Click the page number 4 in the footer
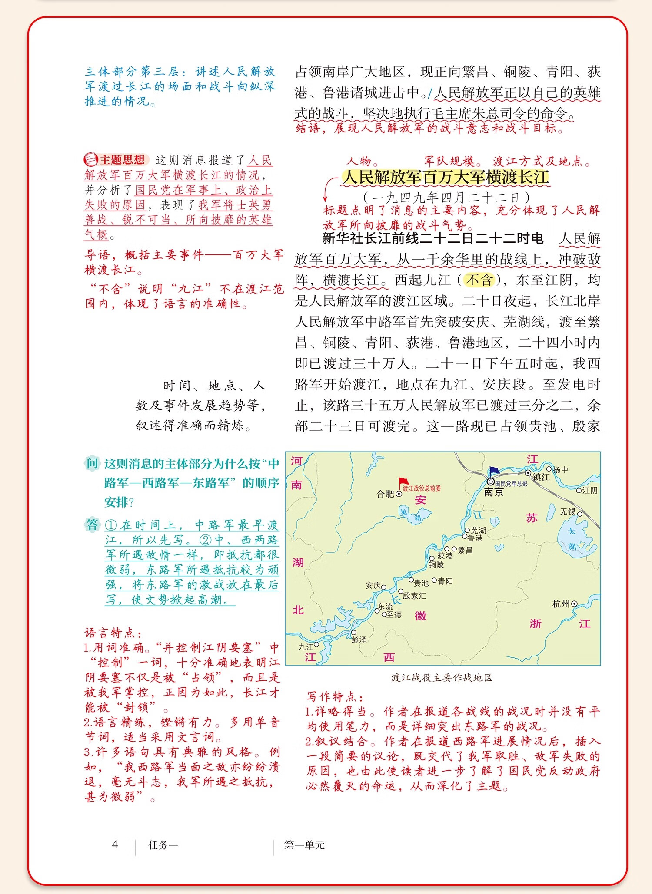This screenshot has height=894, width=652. tap(115, 845)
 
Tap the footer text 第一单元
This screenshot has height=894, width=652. tap(304, 845)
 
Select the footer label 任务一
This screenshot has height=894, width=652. tap(163, 845)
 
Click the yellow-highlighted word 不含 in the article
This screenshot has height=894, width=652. tap(479, 280)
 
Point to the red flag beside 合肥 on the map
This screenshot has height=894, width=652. tap(404, 482)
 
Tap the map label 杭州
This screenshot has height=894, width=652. tap(561, 604)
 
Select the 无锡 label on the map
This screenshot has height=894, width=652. tap(568, 512)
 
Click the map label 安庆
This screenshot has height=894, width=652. tap(373, 585)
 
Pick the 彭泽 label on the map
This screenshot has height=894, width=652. tap(359, 639)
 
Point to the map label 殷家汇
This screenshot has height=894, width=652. tap(414, 596)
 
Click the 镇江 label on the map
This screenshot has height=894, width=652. tap(541, 477)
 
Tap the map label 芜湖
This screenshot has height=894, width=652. tap(478, 530)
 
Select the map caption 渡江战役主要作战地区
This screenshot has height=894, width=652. tap(442, 678)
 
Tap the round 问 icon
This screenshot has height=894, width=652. tap(92, 463)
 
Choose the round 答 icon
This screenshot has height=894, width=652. tap(92, 525)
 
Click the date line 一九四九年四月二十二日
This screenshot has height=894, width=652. tap(446, 198)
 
